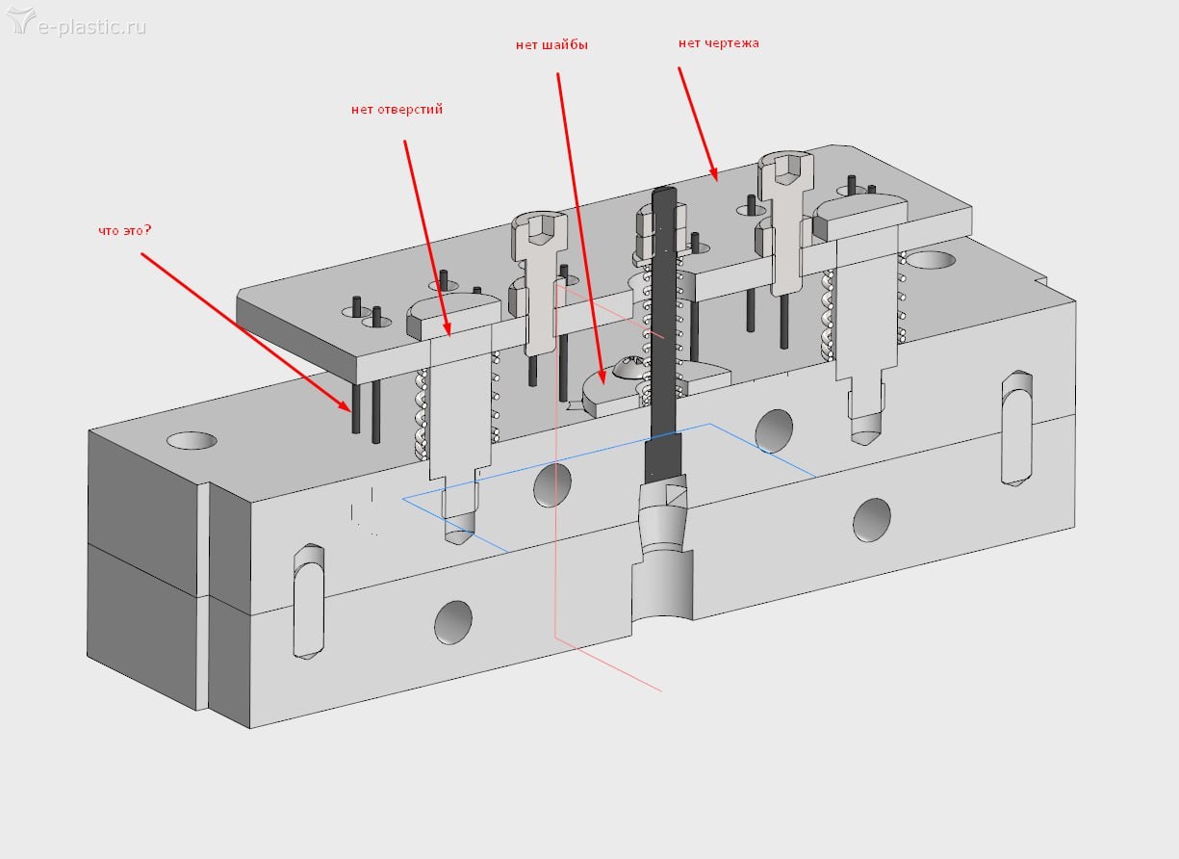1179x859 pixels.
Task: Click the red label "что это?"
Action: [x=126, y=230]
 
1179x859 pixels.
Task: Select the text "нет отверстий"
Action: [x=397, y=110]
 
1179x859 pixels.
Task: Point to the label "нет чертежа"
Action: [x=718, y=42]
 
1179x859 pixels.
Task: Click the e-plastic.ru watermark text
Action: [x=92, y=26]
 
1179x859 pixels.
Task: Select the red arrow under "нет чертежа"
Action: [x=697, y=122]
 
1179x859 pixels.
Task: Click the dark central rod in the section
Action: [x=664, y=318]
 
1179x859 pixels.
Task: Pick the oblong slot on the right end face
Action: [x=1016, y=428]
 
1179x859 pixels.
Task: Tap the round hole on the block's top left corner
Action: [x=192, y=440]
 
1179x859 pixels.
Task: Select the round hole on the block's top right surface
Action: [x=930, y=260]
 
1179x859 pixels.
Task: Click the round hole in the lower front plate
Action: [x=453, y=622]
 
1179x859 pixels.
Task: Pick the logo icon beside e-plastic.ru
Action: [x=20, y=21]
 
